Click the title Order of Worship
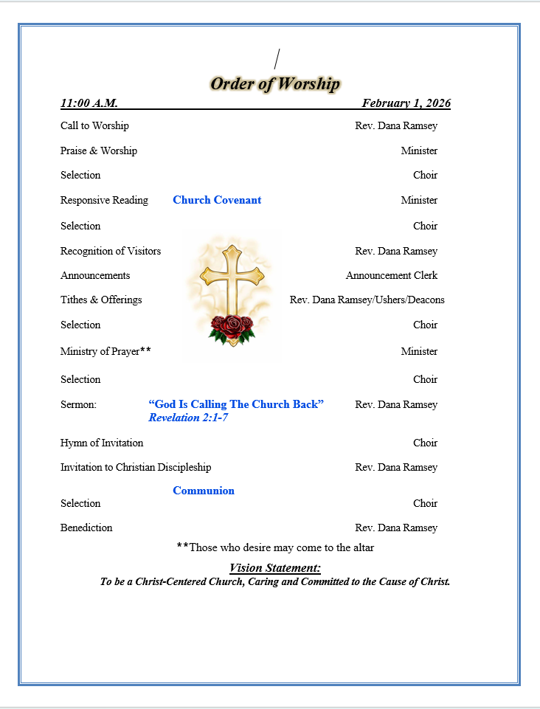(274, 84)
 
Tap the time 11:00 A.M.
(89, 103)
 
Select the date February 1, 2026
(406, 103)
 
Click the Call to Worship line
(94, 125)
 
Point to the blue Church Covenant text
(217, 200)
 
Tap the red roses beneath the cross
(232, 328)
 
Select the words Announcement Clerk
(391, 275)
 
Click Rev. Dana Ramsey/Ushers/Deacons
(367, 300)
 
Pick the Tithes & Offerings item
(101, 300)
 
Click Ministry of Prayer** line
(105, 351)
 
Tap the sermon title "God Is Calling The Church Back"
(236, 404)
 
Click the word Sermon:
(78, 404)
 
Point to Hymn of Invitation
(102, 443)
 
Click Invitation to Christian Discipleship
(136, 467)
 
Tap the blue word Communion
(204, 491)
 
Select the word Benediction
(86, 528)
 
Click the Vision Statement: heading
(274, 568)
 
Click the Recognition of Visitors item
(111, 251)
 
